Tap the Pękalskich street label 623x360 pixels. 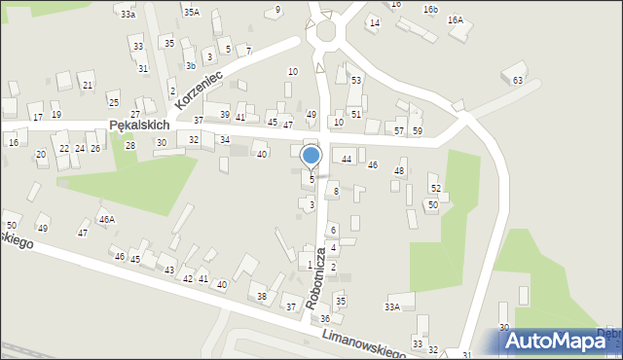pos(140,126)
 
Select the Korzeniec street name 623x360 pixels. pos(199,89)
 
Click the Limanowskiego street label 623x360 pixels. pos(370,343)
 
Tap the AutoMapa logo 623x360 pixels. pos(557,340)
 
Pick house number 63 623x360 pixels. pos(518,80)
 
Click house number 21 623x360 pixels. pos(88,86)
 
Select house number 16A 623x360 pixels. pos(455,19)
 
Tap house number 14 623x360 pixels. pos(374,21)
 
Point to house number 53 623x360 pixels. pos(356,80)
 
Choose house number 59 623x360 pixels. pos(418,130)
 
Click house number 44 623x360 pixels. pos(347,159)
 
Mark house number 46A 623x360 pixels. pos(106,220)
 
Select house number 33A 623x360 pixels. pos(392,306)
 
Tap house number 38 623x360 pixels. pos(261,296)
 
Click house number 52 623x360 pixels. pos(436,188)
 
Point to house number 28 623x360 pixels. pos(129,145)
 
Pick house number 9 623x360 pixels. pos(278,10)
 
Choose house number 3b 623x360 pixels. pos(191,66)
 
